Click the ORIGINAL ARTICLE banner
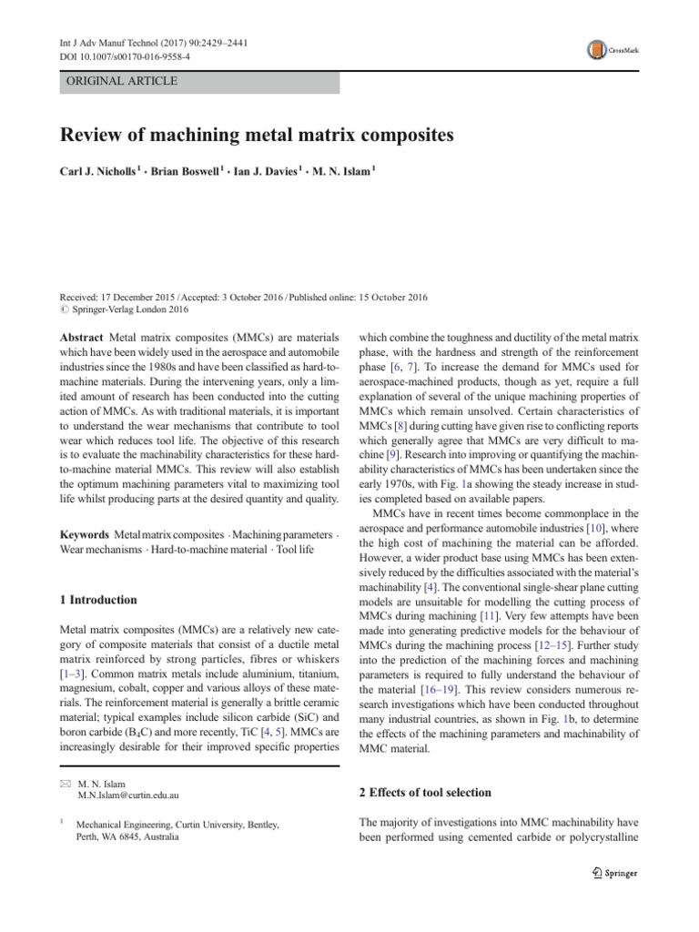point(119,81)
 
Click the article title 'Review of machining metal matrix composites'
point(256,136)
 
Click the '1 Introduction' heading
point(98,600)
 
